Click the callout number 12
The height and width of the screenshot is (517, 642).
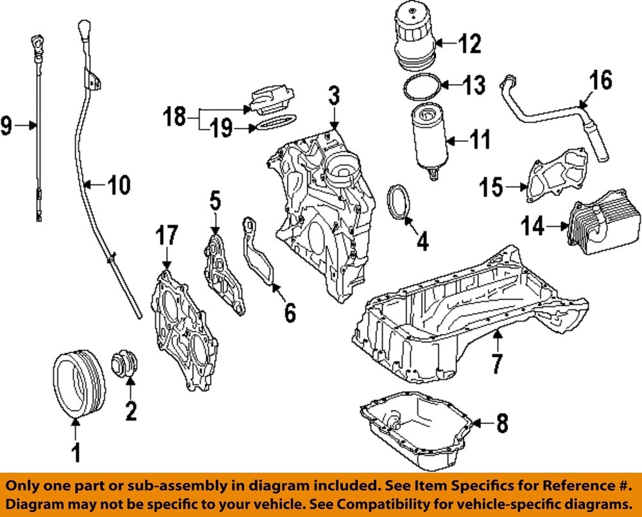[469, 43]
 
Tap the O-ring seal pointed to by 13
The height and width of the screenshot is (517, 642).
[422, 87]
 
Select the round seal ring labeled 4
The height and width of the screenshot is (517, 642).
[398, 202]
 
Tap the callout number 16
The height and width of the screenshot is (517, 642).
[601, 80]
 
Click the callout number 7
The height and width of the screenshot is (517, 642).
[497, 363]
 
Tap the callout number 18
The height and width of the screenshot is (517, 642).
[175, 116]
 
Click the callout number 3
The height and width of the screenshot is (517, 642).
[334, 96]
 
